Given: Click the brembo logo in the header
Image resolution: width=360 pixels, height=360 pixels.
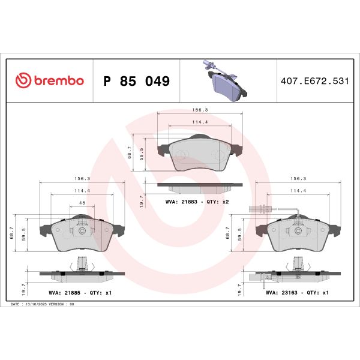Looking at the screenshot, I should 49,81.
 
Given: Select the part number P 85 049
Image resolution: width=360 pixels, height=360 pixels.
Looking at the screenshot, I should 137,81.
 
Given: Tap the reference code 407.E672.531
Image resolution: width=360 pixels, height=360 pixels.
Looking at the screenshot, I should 314,81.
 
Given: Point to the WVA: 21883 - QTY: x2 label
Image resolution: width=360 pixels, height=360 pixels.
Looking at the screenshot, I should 197,202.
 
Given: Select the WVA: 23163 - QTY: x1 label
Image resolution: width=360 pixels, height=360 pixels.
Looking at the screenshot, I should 296,292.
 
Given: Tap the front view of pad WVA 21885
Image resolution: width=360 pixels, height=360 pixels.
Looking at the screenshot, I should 80,234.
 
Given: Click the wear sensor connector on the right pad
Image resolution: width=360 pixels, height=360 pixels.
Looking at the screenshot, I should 253,209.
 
